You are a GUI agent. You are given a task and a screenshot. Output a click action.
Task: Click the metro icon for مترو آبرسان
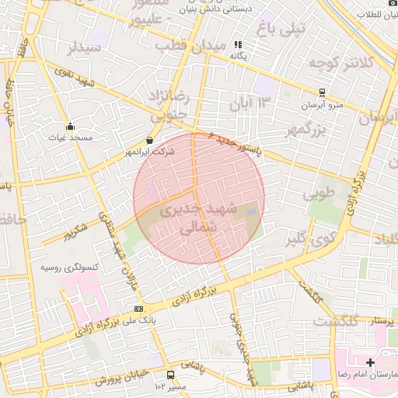tap(322, 92)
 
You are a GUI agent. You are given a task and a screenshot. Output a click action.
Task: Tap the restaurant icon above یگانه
tap(238, 45)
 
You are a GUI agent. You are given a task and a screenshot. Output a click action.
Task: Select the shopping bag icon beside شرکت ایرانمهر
tap(149, 141)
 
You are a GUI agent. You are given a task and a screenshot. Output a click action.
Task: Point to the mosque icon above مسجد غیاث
tap(71, 126)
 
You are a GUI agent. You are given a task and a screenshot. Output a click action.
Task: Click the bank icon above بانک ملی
tap(138, 309)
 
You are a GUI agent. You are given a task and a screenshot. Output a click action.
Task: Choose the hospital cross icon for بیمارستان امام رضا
tap(370, 362)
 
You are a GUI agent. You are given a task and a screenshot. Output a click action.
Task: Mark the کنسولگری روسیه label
tap(70, 267)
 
